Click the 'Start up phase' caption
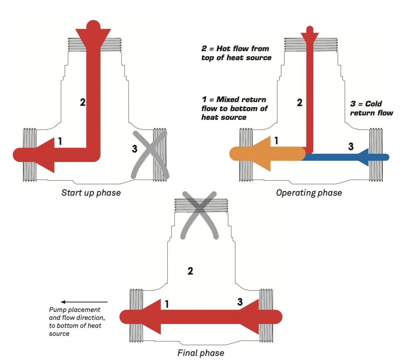click(91, 192)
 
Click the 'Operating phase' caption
click(309, 193)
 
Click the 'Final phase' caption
click(201, 352)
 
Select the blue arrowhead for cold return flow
click(364, 157)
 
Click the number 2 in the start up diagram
click(83, 102)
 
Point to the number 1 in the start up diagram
click(60, 142)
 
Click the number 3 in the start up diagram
click(135, 149)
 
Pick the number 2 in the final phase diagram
click(189, 271)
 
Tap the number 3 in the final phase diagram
click(240, 302)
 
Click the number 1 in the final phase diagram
click(166, 304)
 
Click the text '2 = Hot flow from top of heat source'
click(236, 53)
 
